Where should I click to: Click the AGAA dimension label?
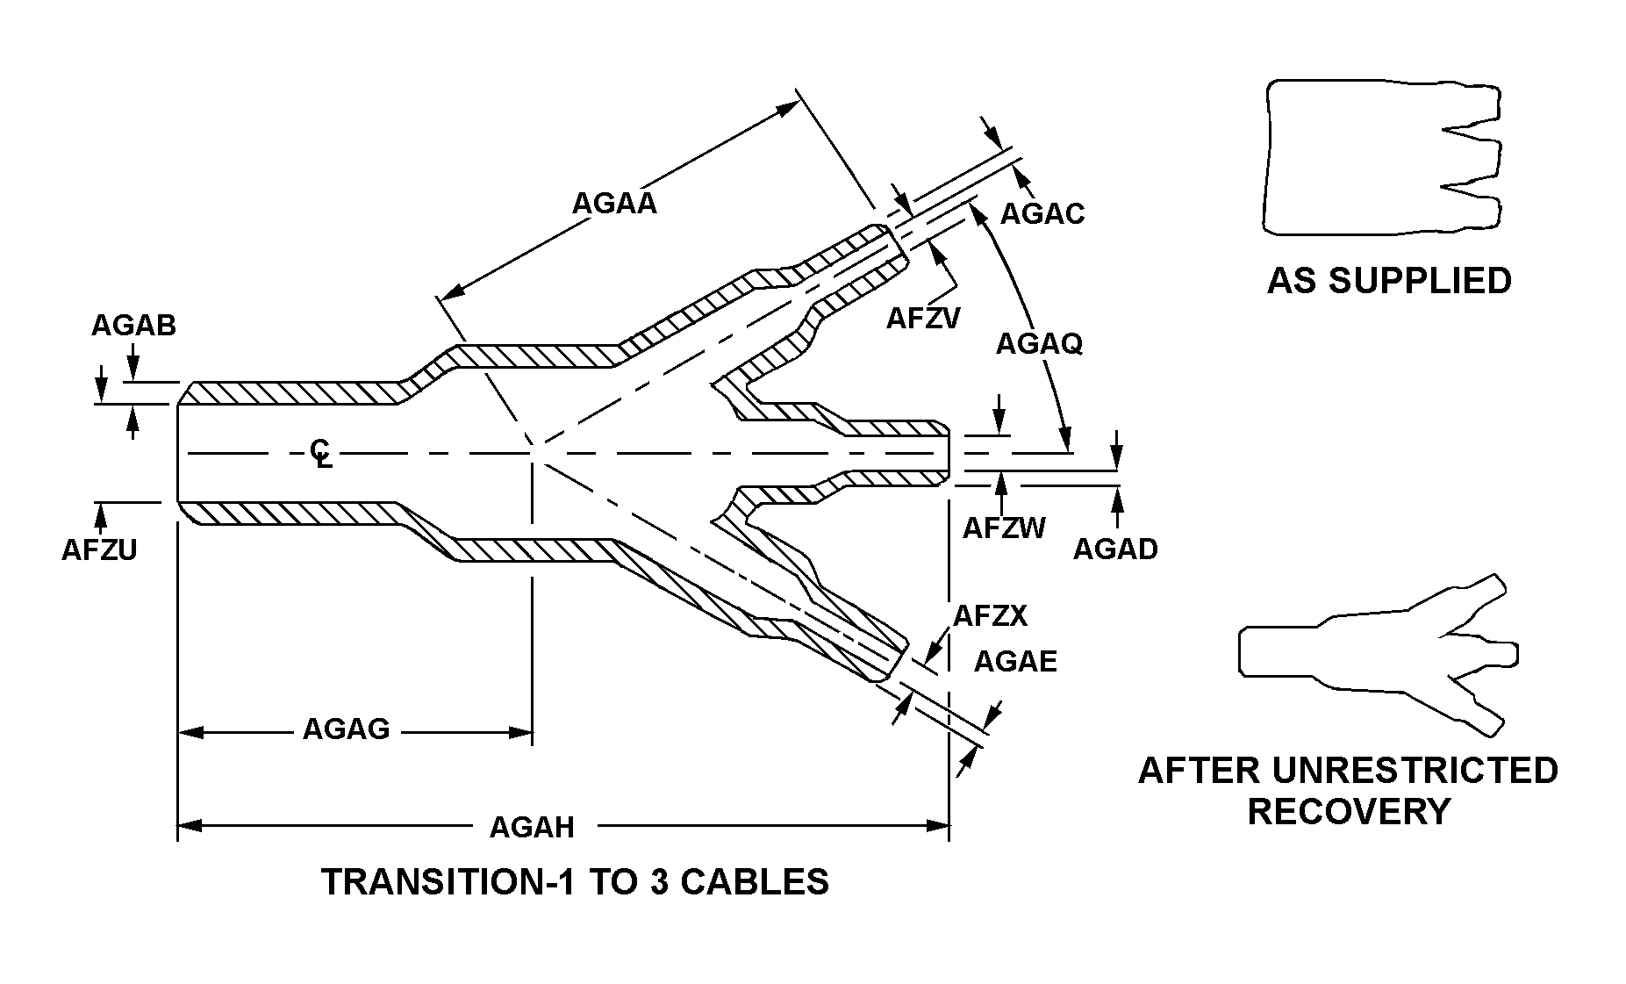(x=613, y=204)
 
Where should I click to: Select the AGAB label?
(x=133, y=326)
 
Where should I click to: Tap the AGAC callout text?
(x=1042, y=213)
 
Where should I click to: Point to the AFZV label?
(x=923, y=318)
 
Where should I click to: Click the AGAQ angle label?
(x=1039, y=344)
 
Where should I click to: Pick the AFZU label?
(x=99, y=549)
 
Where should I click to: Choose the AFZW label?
(x=1004, y=528)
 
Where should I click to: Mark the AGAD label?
(x=1115, y=549)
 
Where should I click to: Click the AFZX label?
(x=990, y=615)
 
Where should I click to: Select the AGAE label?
(x=1015, y=661)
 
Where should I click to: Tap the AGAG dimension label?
(x=346, y=729)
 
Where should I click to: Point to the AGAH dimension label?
(x=532, y=827)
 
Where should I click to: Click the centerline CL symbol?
(x=321, y=453)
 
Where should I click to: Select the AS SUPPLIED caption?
(x=1389, y=281)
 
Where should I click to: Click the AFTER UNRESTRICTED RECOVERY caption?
(x=1348, y=791)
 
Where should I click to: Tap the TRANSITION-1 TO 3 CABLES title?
(x=575, y=882)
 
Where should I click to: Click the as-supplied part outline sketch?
(x=1381, y=158)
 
